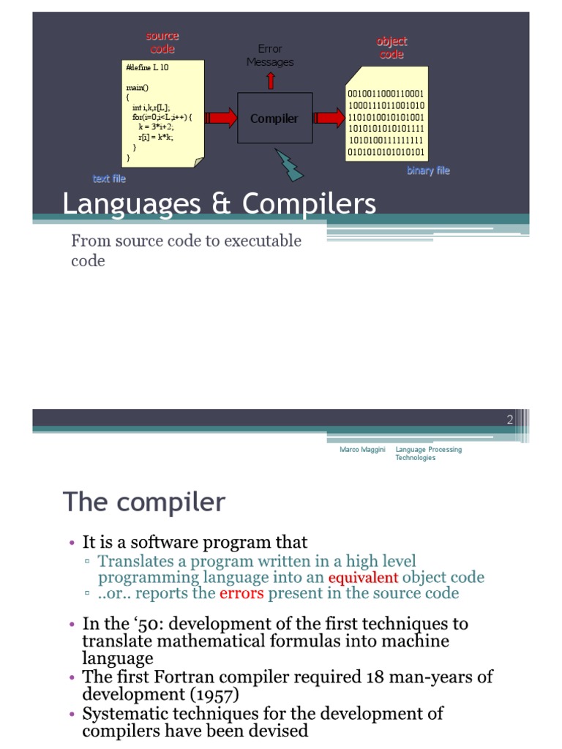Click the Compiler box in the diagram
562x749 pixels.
tap(274, 118)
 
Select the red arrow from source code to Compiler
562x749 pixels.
tap(221, 118)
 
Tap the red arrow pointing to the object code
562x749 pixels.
tap(329, 118)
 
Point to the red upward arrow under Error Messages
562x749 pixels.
tap(271, 80)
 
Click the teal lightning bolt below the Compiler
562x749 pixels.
tap(290, 165)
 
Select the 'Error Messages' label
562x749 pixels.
tap(270, 56)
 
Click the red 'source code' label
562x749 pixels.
tap(162, 42)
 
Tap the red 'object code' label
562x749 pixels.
tap(391, 48)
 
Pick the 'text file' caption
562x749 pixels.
tap(109, 178)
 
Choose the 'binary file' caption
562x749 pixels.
tap(428, 170)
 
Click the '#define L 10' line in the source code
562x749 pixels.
tap(147, 67)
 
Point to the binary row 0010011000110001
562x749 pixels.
tap(386, 94)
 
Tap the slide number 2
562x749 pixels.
tap(509, 419)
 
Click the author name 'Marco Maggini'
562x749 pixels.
tap(362, 450)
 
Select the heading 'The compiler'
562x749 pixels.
tap(144, 503)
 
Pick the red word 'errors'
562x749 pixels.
tap(241, 592)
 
